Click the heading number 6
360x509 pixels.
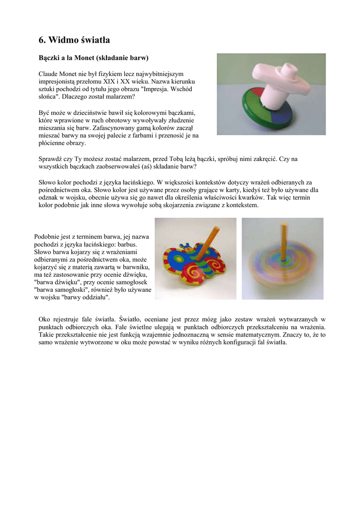point(42,39)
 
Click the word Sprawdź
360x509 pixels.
point(51,159)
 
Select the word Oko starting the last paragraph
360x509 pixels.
point(45,319)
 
